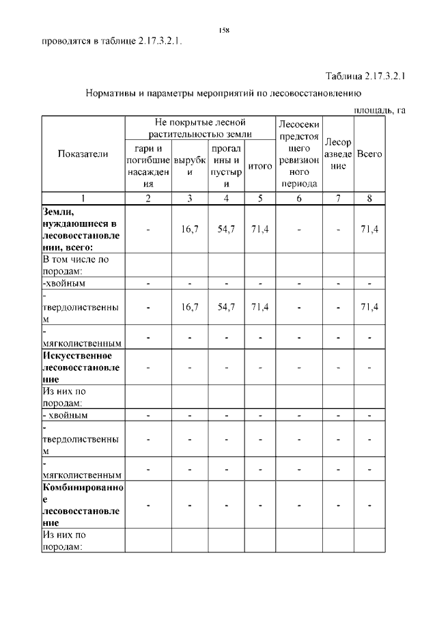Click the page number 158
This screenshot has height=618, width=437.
pos(223,30)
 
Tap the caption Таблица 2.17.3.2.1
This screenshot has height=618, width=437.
pos(365,76)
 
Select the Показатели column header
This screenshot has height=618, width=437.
pos(83,154)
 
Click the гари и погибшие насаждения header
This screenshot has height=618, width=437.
pos(147,166)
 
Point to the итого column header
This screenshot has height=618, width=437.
pos(259,166)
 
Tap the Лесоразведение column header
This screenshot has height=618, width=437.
pos(338,154)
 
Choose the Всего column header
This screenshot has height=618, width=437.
pos(369,154)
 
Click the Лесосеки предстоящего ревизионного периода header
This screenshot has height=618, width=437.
pos(298,154)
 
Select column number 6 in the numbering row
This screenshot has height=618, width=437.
pos(298,199)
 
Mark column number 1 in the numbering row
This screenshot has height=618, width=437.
pos(83,199)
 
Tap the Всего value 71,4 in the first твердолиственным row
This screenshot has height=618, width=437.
pos(369,307)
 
